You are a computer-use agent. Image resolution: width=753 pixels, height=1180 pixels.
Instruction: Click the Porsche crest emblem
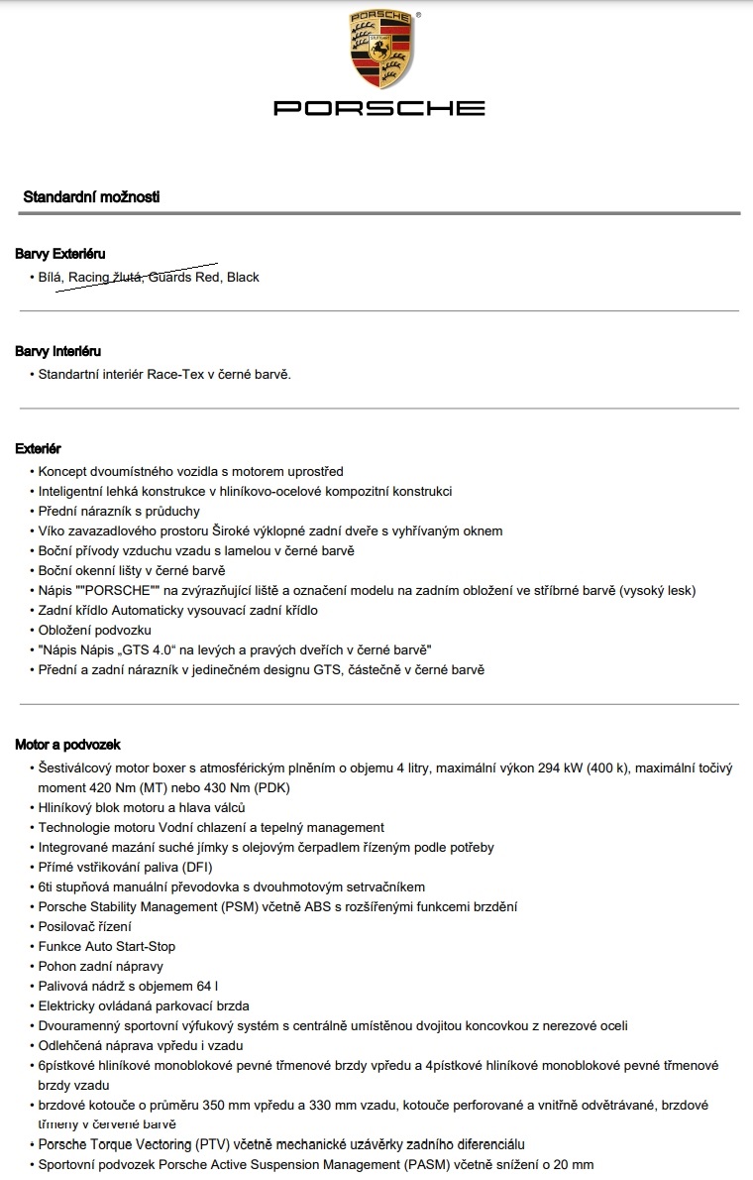[x=379, y=52]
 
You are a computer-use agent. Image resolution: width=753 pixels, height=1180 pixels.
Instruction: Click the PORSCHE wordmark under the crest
[x=379, y=108]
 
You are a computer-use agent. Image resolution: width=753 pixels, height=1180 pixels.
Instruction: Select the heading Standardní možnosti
[x=91, y=197]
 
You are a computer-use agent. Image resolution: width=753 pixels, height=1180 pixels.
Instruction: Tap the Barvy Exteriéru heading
[x=59, y=255]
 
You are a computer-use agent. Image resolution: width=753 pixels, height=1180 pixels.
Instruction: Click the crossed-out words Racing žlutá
[x=106, y=277]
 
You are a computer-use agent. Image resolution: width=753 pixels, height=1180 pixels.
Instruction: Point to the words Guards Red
[x=184, y=277]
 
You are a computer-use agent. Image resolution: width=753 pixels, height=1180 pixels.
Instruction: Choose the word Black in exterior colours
[x=243, y=277]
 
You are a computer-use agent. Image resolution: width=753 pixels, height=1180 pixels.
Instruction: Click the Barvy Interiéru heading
[x=57, y=351]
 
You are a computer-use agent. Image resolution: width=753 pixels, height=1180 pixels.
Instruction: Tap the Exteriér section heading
[x=38, y=449]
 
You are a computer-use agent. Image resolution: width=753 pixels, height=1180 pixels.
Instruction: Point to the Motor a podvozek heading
[x=67, y=745]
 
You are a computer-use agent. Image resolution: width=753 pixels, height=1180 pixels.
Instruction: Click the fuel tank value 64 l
[x=205, y=986]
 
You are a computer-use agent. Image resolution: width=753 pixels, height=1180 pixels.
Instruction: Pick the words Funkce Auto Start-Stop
[x=107, y=946]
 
